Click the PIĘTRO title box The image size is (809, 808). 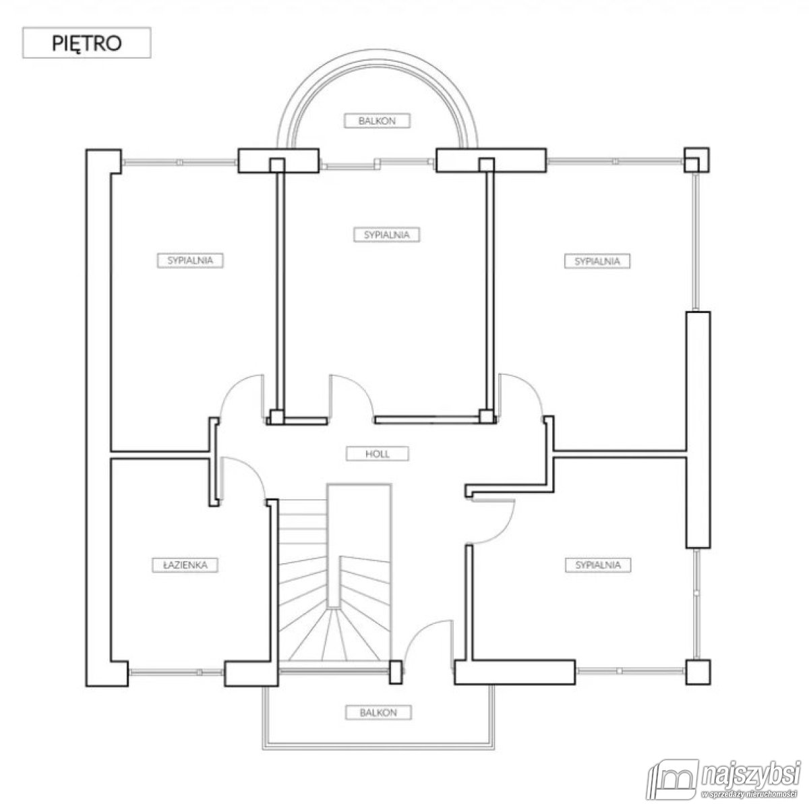pos(86,42)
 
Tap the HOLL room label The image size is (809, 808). pos(377,454)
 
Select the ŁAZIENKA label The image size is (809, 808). pos(185,565)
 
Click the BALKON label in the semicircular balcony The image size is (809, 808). pos(377,121)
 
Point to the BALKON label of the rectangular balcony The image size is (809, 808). pos(378,713)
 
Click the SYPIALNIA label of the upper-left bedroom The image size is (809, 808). pos(190,260)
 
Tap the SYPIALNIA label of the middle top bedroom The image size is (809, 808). pos(387,235)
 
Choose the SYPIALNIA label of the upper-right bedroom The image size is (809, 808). pos(597,261)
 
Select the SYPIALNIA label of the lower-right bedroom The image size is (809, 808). pos(598,565)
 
